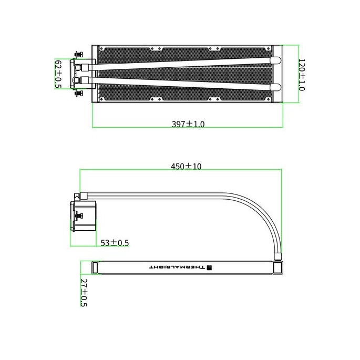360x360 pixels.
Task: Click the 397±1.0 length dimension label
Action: [188, 124]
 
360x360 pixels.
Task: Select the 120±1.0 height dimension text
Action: [302, 75]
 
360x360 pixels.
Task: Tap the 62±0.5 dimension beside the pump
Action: [58, 74]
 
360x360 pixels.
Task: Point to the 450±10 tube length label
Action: [186, 166]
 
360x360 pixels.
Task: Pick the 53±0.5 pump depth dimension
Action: [115, 243]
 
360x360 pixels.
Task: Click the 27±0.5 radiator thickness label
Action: [84, 293]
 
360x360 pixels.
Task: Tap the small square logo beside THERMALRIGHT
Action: [209, 268]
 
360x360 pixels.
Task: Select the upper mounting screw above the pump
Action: [79, 55]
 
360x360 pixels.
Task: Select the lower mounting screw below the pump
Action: [79, 94]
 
